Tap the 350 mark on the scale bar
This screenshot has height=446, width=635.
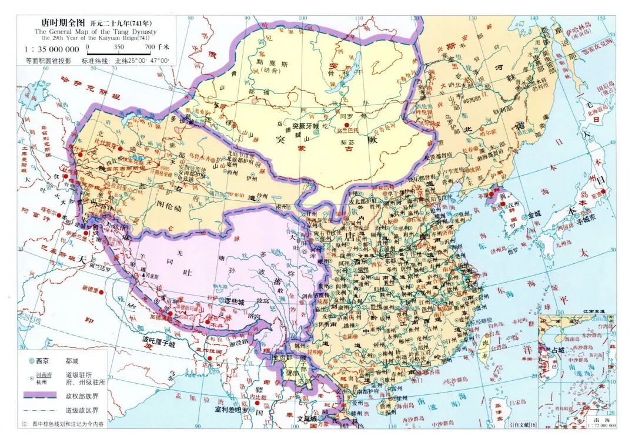[119, 46]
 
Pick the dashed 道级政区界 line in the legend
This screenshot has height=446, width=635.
[39, 410]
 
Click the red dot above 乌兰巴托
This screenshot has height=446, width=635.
[347, 125]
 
